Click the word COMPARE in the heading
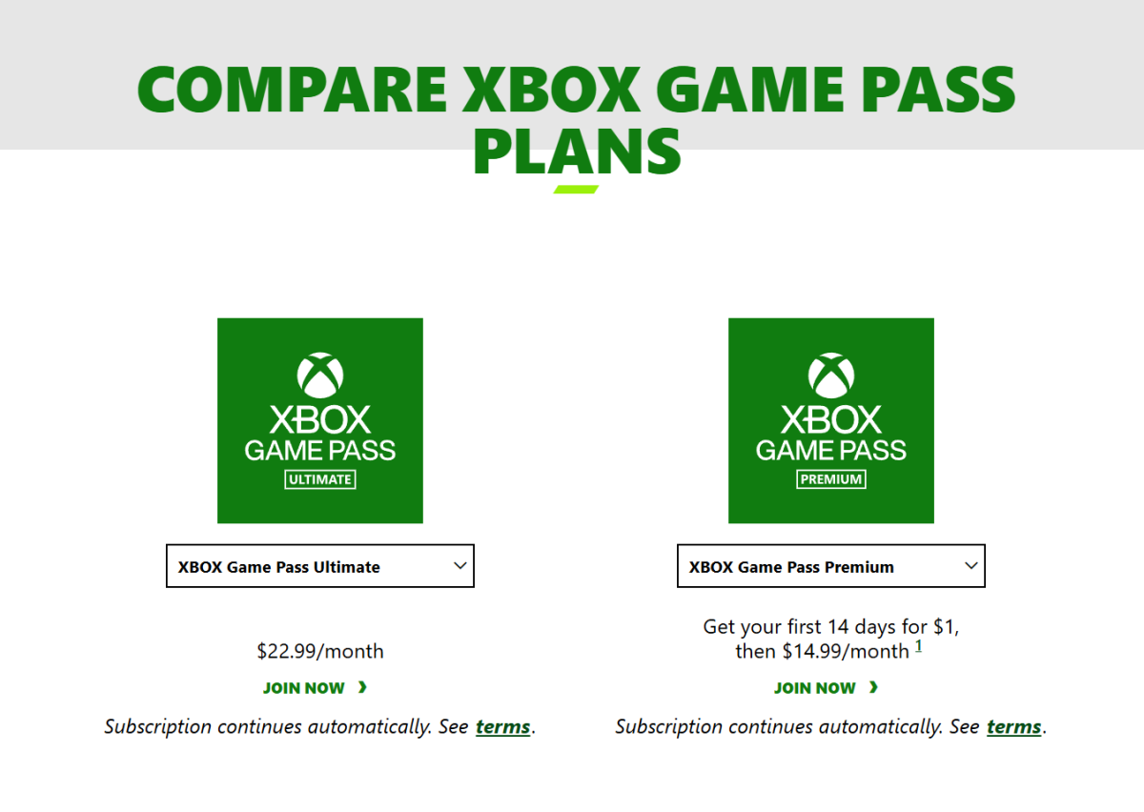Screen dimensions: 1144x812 click(292, 90)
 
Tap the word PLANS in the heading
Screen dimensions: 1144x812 click(577, 152)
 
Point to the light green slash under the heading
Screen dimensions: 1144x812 click(576, 190)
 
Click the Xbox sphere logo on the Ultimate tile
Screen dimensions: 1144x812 click(320, 376)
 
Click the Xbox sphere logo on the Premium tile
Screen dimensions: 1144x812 click(831, 376)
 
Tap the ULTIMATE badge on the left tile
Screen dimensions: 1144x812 click(320, 479)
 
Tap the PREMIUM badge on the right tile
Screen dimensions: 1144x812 click(831, 479)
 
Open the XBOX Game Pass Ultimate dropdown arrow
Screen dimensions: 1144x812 click(460, 566)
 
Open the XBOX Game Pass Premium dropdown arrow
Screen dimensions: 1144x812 click(970, 566)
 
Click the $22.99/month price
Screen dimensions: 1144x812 click(320, 652)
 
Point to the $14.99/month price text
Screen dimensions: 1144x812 click(846, 652)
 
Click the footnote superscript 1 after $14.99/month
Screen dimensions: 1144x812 click(918, 646)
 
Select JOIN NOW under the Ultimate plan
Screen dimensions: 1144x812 click(303, 688)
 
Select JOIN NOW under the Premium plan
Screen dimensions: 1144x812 click(814, 688)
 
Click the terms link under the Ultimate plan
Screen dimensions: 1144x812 click(503, 727)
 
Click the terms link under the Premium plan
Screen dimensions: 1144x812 click(1013, 727)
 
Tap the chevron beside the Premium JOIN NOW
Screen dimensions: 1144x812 click(873, 687)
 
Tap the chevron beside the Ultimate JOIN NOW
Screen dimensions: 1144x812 click(362, 687)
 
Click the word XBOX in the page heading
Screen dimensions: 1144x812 click(551, 90)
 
